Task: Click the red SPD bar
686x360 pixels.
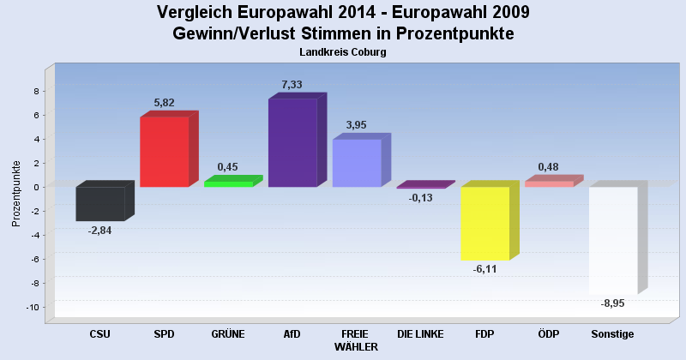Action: tap(164, 152)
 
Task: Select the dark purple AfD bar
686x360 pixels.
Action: tap(292, 143)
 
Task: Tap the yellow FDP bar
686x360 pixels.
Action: tap(485, 223)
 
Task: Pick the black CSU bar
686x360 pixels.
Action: tap(100, 204)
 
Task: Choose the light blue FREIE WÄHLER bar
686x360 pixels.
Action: tap(357, 163)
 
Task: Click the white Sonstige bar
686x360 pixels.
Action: tap(613, 240)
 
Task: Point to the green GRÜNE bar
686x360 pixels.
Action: tap(228, 183)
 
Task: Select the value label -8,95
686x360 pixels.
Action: tap(612, 303)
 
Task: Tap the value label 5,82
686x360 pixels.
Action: tap(165, 103)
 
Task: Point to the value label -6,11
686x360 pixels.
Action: tap(484, 269)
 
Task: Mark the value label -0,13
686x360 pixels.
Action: tap(420, 197)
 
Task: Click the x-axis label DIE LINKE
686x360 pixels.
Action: tap(420, 334)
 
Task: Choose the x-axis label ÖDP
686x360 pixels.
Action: tap(549, 334)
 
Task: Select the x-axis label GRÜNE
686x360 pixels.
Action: tap(228, 334)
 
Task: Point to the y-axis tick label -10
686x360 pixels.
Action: tap(33, 307)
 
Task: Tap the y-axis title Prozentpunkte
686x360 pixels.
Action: tap(16, 193)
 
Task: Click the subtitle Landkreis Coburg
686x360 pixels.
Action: tap(343, 52)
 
